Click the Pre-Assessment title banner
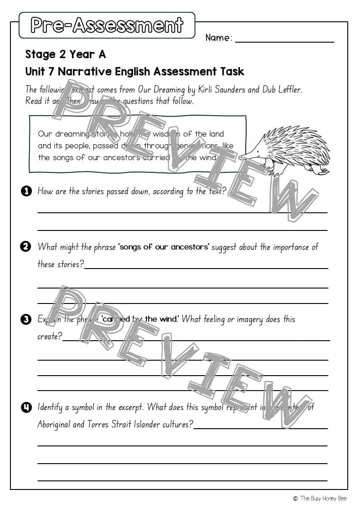point(107,25)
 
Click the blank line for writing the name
point(284,41)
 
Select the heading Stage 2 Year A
point(65,54)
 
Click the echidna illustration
point(288,150)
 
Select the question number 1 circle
point(26,191)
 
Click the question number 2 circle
point(26,247)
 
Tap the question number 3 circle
point(26,319)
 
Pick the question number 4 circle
point(26,407)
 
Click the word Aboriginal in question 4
point(55,425)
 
